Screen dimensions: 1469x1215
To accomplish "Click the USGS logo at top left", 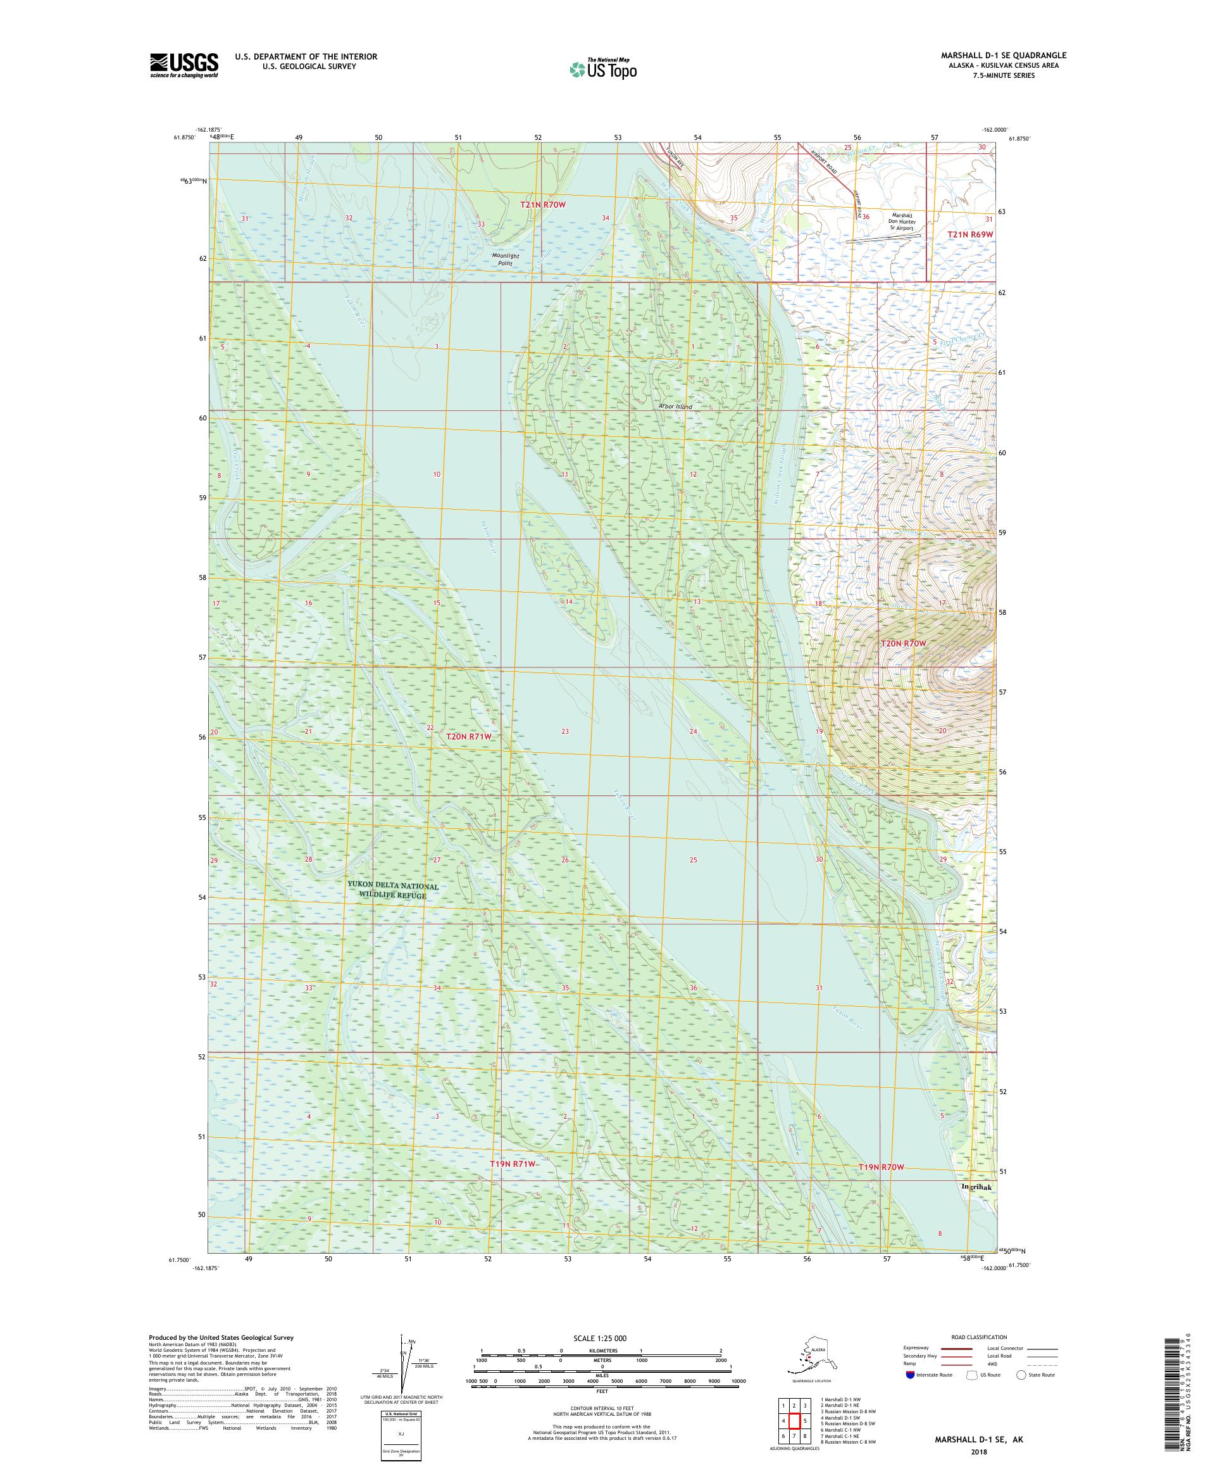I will (183, 66).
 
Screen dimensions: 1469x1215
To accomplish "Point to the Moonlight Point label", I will (505, 260).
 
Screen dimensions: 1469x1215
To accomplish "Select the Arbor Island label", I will (675, 407).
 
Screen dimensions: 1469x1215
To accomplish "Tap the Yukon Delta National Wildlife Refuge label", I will (393, 890).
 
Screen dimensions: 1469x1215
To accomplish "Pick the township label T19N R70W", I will (881, 1167).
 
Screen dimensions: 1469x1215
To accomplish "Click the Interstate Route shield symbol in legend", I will (909, 1374).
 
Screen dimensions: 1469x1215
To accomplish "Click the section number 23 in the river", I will (565, 731).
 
